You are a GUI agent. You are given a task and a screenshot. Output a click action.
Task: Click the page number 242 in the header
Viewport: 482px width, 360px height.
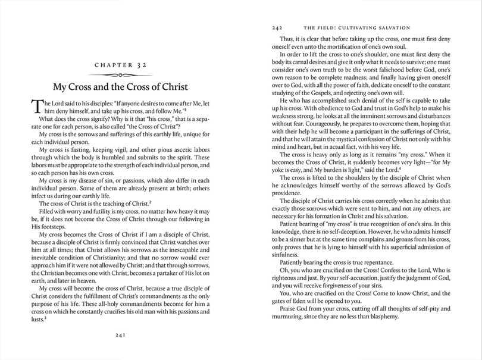pyautogui.click(x=276, y=27)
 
